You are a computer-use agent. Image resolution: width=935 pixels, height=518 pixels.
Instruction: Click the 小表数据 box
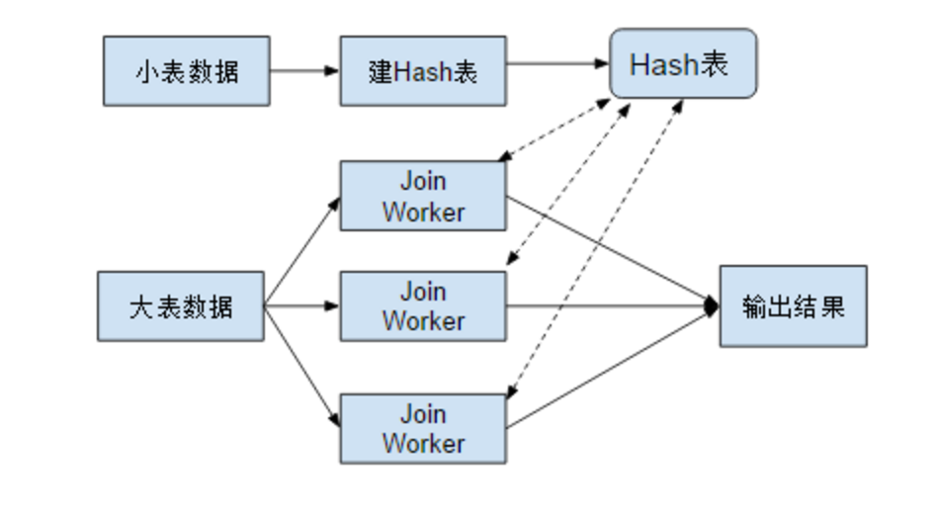click(186, 71)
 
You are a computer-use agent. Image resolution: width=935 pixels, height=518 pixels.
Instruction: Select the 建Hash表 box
click(423, 71)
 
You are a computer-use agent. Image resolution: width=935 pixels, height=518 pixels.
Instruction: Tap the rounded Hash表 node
click(683, 64)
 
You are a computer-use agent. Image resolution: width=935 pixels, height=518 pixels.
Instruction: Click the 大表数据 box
click(181, 306)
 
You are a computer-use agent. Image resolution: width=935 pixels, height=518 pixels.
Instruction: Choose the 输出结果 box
click(793, 306)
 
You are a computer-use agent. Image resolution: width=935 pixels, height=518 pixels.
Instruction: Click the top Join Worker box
click(423, 197)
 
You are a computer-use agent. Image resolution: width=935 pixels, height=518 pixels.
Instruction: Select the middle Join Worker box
click(423, 306)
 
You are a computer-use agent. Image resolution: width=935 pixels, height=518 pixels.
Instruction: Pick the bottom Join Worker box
click(423, 428)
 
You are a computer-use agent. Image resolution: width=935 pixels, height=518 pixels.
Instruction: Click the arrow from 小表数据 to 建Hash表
click(304, 71)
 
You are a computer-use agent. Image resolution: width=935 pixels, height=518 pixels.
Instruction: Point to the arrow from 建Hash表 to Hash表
click(557, 64)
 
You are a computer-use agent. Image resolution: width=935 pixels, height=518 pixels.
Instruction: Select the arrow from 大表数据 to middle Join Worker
click(301, 306)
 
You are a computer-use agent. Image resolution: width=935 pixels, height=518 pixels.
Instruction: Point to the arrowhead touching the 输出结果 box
click(711, 306)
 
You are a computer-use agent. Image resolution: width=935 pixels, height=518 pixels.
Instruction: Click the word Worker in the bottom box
click(423, 443)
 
